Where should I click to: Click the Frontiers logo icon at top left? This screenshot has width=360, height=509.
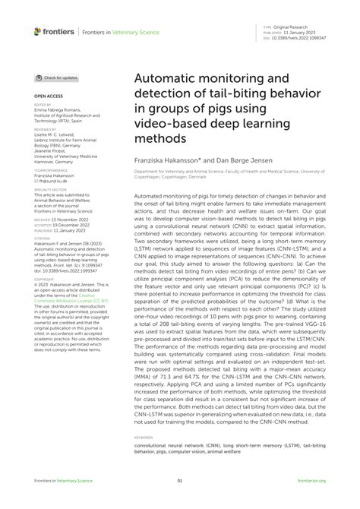[37, 31]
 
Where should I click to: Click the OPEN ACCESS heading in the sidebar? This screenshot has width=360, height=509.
[49, 97]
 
